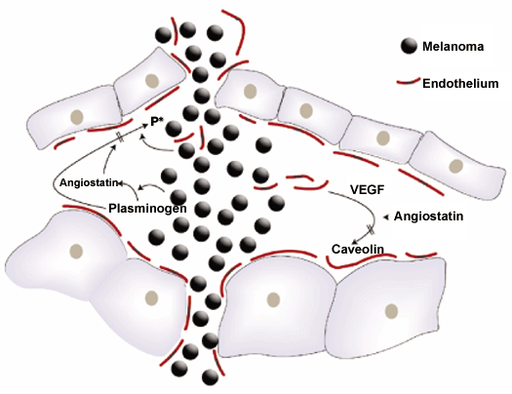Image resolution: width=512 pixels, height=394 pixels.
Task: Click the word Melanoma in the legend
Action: coord(453,47)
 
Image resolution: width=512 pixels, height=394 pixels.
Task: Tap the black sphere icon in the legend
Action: coord(409,46)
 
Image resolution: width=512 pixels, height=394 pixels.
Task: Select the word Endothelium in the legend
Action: coord(460,84)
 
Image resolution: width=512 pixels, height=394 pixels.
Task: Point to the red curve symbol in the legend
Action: coord(409,82)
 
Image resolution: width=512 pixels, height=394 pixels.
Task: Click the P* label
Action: coord(157,122)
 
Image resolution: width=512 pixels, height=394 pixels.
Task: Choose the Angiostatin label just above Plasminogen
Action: coord(89,182)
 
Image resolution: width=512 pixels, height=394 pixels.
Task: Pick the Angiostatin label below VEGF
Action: coord(428,217)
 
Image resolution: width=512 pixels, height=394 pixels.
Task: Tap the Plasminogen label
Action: coord(147,209)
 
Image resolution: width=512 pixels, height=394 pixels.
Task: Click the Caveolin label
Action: coord(358,250)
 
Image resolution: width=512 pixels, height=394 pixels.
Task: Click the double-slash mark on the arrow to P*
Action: coord(121,138)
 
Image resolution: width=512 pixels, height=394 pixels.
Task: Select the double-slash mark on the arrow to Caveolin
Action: coord(371,229)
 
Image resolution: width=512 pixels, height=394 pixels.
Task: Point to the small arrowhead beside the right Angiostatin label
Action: coord(386,217)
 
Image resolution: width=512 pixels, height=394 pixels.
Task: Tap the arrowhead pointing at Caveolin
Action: coord(355,242)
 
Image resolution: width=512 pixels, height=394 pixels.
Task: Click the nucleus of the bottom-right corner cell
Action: coord(391,311)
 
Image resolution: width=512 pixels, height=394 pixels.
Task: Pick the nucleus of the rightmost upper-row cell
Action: coord(455,166)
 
